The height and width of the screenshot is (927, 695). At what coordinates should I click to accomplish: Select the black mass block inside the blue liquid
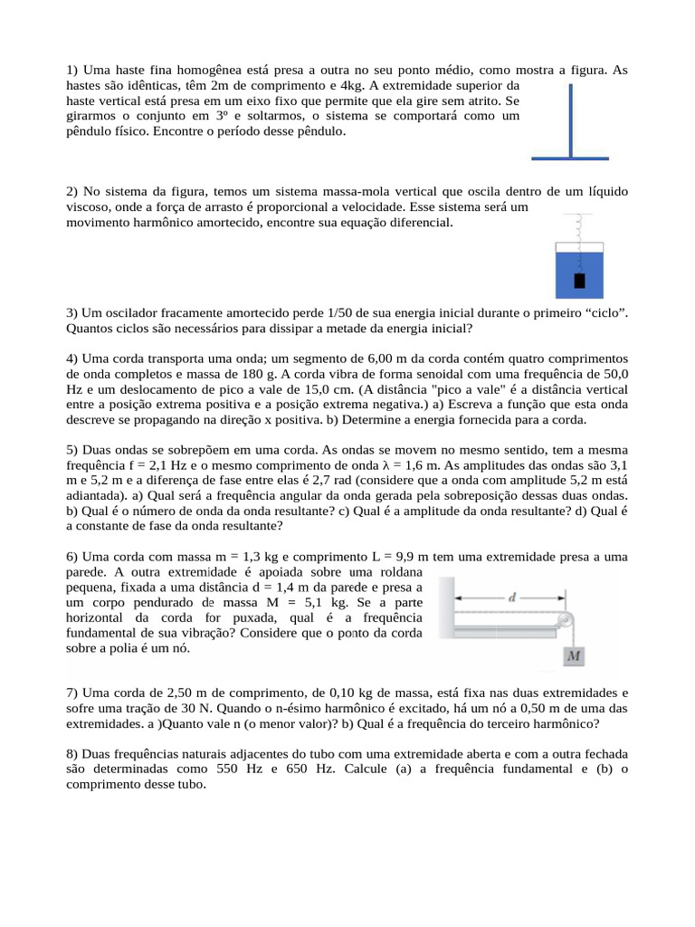coord(579,280)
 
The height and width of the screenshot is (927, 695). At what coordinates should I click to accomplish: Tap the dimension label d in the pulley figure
coord(513,597)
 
